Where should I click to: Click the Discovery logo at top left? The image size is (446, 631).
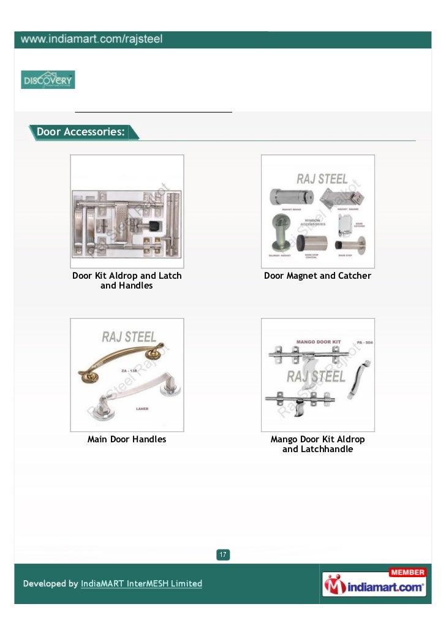[x=48, y=80]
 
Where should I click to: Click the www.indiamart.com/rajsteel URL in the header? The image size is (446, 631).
[x=92, y=40]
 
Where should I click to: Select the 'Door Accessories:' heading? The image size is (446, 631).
[x=80, y=132]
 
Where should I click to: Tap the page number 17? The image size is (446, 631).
[x=223, y=555]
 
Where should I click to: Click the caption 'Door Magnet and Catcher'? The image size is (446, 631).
[x=317, y=276]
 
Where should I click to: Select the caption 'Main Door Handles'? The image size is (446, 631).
[x=127, y=439]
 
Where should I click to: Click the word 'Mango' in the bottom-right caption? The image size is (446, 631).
[x=284, y=439]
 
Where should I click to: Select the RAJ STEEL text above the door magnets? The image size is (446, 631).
[x=322, y=179]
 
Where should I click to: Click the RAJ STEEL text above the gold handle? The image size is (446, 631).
[x=129, y=337]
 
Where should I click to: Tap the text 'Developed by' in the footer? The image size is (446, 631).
[x=51, y=584]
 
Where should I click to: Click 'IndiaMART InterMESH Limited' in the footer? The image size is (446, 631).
[x=142, y=584]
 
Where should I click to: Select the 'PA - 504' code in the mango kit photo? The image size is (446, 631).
[x=364, y=342]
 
